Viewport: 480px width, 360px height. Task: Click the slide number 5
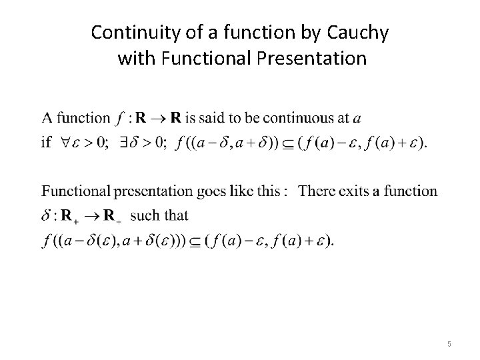[x=449, y=344]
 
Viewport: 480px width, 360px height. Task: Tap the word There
[x=315, y=191]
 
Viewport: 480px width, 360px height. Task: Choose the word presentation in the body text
[x=152, y=192]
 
